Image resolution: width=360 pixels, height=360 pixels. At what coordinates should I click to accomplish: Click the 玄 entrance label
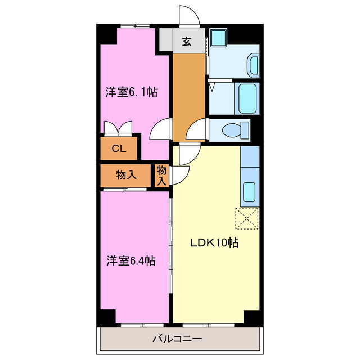(x=186, y=40)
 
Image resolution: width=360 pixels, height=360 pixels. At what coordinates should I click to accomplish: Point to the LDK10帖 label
(x=214, y=243)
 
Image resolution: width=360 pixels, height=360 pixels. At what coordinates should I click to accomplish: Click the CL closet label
(x=118, y=149)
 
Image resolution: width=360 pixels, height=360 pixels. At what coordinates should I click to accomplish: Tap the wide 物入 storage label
(x=126, y=175)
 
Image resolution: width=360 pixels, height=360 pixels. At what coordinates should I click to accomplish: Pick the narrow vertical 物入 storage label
(x=161, y=175)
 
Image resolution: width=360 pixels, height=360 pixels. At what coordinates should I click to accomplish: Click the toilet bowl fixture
(x=236, y=130)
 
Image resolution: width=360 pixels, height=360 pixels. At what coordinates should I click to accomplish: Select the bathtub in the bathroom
(x=247, y=98)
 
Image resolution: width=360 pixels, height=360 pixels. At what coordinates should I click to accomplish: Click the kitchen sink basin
(x=249, y=193)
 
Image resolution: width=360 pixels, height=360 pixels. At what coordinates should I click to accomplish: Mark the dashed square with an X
(x=247, y=218)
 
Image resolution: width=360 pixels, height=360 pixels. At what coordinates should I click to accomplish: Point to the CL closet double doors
(x=119, y=128)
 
